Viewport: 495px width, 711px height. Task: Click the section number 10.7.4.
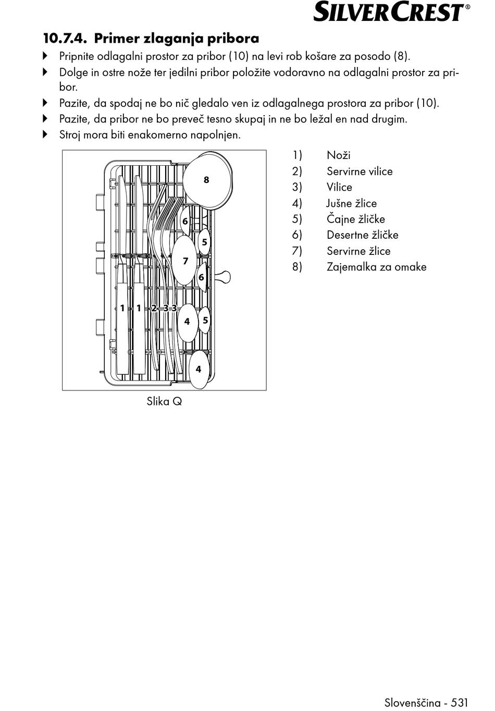[x=65, y=39]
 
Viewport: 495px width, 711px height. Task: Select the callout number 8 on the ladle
[x=206, y=180]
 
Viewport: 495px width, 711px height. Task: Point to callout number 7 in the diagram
[x=185, y=261]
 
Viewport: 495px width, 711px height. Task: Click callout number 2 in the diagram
[x=154, y=308]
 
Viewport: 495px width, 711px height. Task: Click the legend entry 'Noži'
[x=338, y=155]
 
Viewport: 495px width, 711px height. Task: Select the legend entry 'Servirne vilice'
[x=359, y=171]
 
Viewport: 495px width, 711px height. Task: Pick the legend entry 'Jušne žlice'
[x=351, y=203]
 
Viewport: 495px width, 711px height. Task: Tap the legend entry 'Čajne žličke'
[x=355, y=219]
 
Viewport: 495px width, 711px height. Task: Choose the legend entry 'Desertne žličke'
[x=362, y=235]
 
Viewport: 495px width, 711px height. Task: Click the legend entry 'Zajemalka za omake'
[x=376, y=267]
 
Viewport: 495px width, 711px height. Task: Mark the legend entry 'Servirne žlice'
[x=358, y=251]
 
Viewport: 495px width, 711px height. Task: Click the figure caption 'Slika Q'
[x=164, y=401]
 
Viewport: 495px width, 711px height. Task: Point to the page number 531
[x=460, y=702]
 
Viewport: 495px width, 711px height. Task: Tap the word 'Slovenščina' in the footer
[x=412, y=702]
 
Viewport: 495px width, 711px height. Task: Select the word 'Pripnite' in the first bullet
[x=77, y=56]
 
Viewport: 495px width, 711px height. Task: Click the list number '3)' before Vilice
[x=297, y=187]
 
